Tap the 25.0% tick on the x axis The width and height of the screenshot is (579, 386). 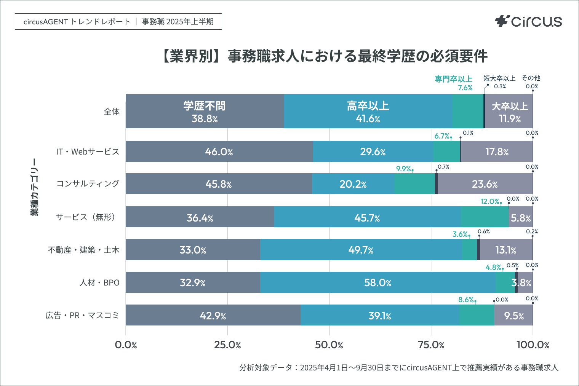point(227,345)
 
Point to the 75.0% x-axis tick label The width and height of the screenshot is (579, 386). point(431,345)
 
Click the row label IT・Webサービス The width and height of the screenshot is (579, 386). point(88,152)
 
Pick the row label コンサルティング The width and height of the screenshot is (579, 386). point(88,183)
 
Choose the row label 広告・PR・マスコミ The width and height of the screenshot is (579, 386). point(82,315)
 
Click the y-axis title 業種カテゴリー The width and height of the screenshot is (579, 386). point(35,187)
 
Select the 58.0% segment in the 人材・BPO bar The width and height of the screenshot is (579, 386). point(377,282)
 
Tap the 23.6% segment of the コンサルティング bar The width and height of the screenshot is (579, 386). point(485,184)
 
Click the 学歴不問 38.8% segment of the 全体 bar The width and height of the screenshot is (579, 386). point(205,111)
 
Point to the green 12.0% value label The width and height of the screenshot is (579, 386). point(490,201)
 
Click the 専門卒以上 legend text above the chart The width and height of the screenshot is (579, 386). point(453,79)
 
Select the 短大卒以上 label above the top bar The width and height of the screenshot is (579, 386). point(499,78)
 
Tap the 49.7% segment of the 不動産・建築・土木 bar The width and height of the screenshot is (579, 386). point(360,250)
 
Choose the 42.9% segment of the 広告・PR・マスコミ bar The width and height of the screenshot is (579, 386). point(213,315)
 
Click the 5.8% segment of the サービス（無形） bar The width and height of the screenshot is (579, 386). point(521,217)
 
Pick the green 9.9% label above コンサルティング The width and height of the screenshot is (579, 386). point(403,169)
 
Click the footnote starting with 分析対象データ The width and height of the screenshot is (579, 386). point(398,367)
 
